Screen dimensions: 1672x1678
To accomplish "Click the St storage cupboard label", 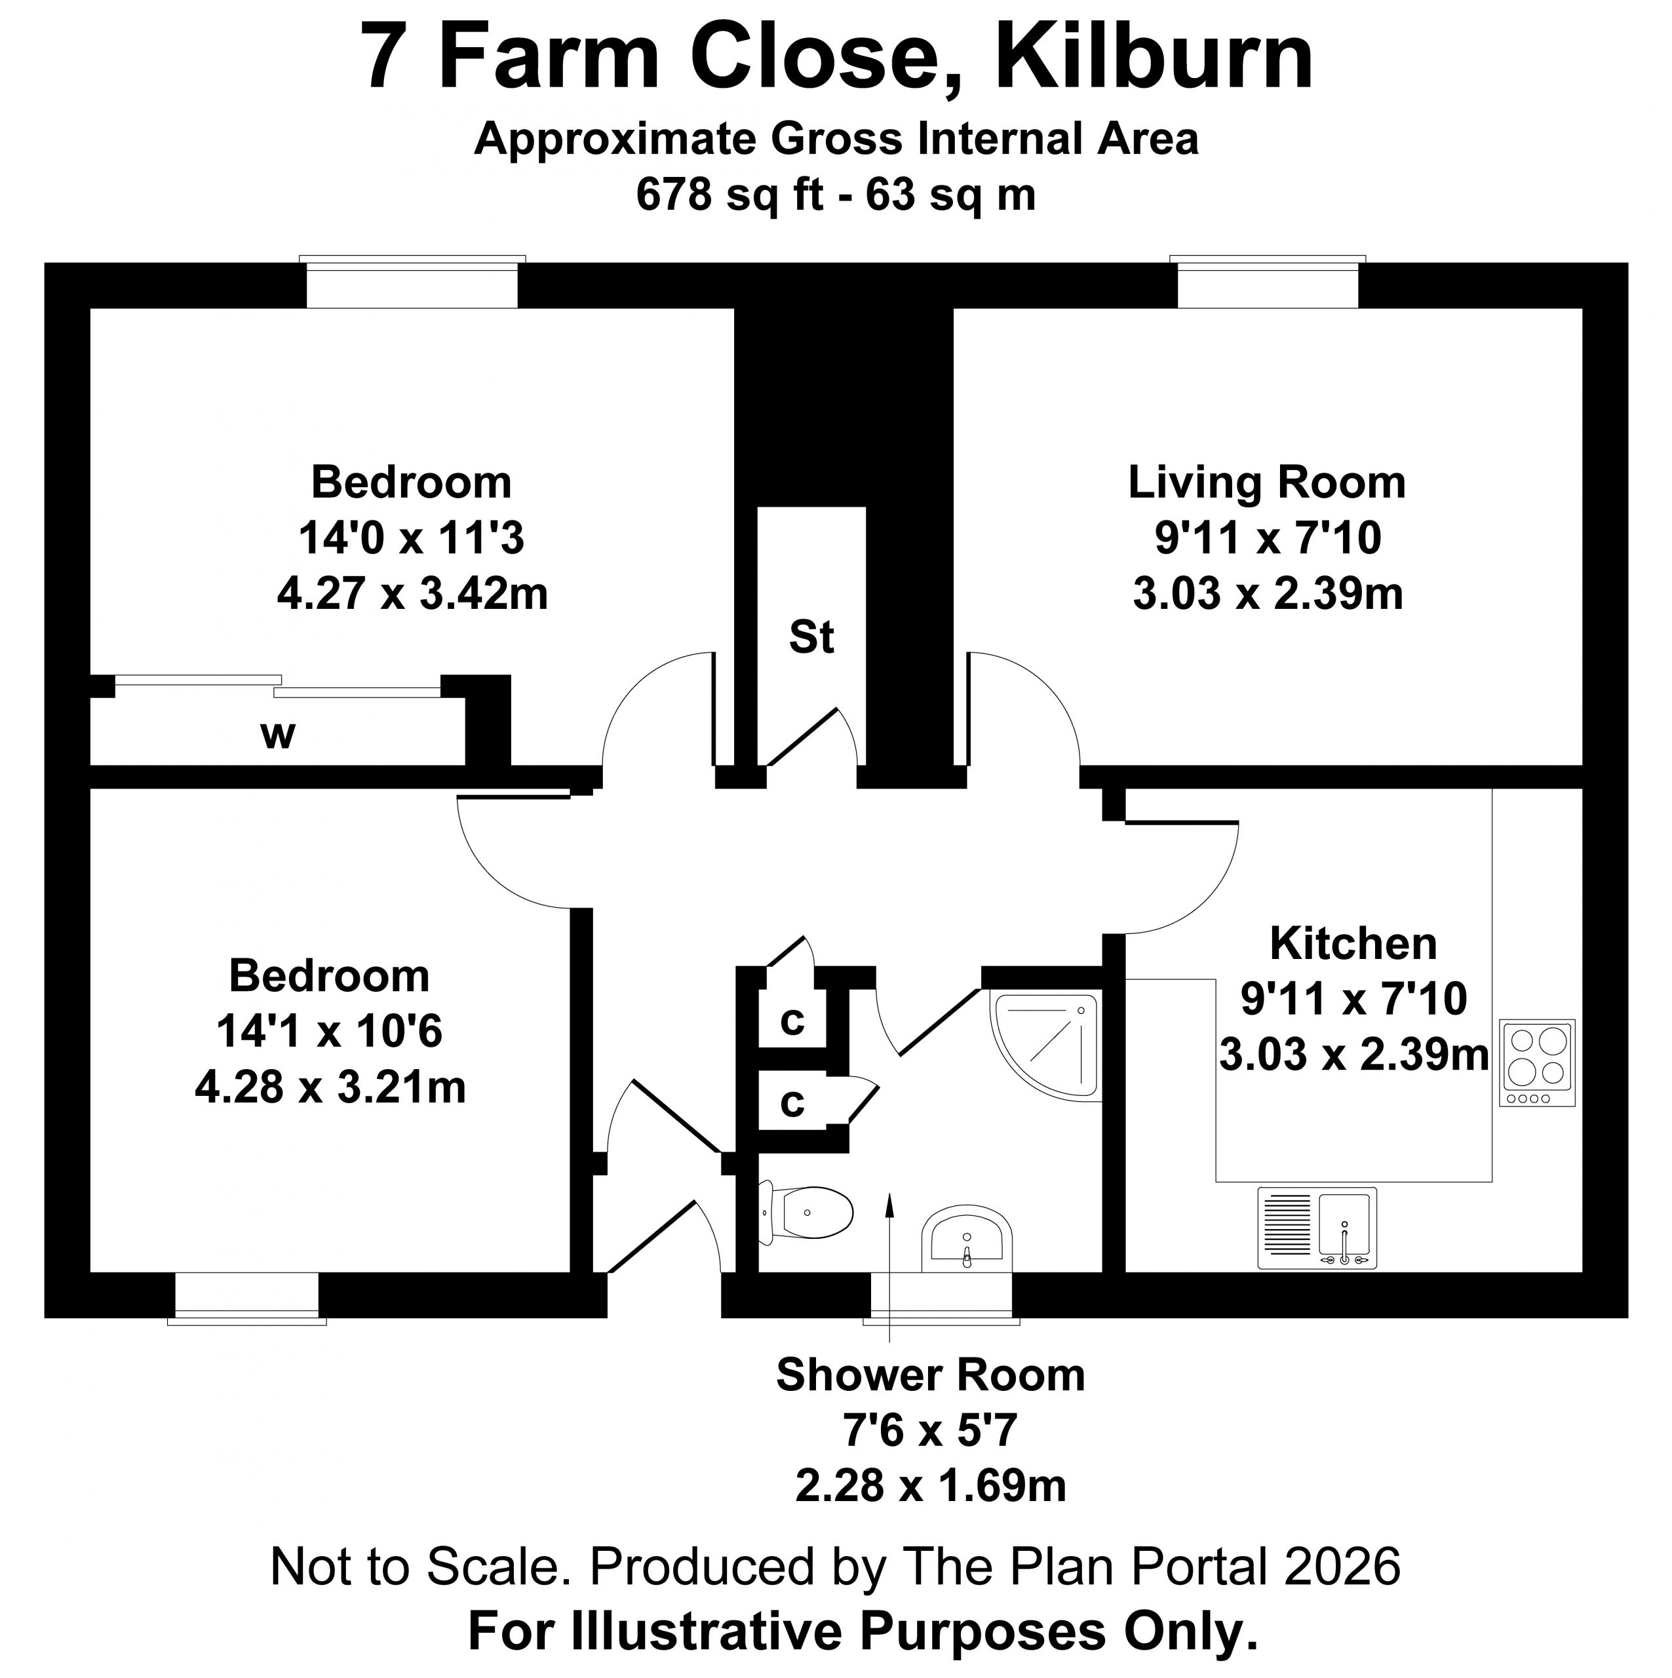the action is [x=811, y=638].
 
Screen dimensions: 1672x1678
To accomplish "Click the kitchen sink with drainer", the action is [x=1317, y=1227].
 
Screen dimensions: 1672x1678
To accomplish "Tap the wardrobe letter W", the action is [x=278, y=735].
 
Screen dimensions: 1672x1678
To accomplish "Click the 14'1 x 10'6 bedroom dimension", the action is [x=329, y=1032].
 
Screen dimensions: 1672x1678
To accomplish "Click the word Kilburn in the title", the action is [x=1154, y=57].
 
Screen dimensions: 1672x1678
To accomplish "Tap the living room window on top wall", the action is [x=1267, y=283].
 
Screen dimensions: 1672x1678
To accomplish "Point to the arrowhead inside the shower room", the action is [x=889, y=1203].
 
